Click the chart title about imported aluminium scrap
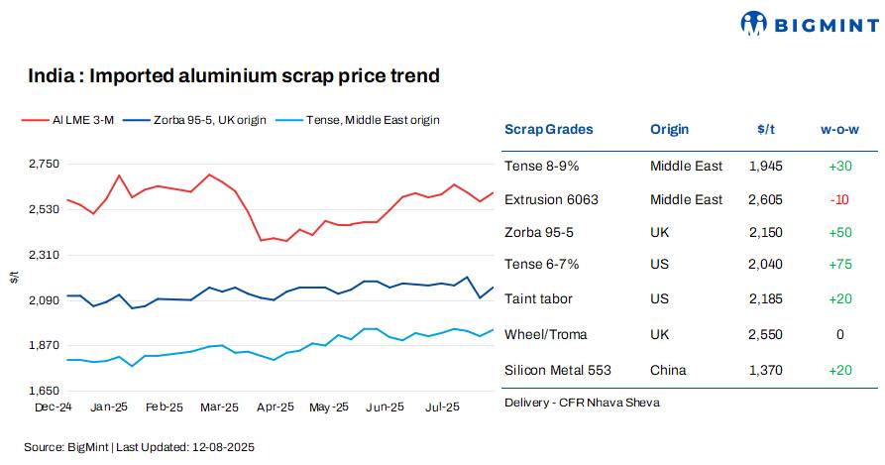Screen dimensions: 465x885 [233, 75]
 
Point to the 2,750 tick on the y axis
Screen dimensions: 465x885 [44, 164]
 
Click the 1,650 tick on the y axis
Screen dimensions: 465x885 [44, 391]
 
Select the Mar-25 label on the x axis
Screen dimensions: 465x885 [219, 407]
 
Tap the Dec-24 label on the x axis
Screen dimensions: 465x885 [53, 407]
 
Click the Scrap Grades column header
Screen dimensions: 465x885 [548, 129]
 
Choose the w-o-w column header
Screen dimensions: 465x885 [839, 129]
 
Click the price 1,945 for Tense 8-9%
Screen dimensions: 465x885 [765, 166]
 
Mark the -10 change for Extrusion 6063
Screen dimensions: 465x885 [839, 199]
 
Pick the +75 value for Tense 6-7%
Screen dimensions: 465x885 [839, 265]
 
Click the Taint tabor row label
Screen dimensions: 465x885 [538, 298]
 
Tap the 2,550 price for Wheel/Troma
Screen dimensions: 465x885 [765, 334]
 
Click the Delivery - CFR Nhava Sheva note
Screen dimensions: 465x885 [581, 403]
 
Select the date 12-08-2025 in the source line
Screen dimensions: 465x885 [224, 447]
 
